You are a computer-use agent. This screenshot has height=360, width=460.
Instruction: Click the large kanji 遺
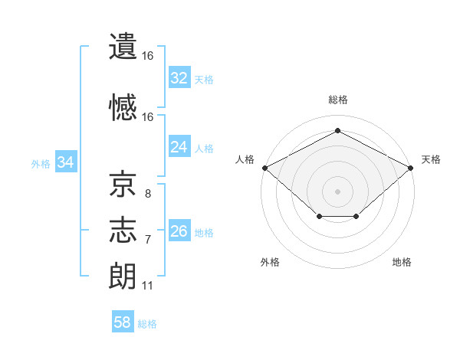(123, 46)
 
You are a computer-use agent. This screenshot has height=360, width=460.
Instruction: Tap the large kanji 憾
(123, 107)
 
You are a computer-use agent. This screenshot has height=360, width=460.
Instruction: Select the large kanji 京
(123, 184)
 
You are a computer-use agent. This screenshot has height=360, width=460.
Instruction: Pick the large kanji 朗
(123, 276)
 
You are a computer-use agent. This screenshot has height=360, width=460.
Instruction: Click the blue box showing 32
(179, 77)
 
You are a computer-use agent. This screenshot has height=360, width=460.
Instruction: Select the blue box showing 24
(179, 146)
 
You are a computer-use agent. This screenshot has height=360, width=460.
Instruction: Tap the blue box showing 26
(179, 230)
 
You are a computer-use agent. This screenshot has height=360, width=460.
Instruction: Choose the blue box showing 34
(66, 162)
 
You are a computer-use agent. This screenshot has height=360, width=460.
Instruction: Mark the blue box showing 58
(123, 321)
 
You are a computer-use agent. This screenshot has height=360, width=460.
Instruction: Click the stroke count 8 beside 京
(148, 194)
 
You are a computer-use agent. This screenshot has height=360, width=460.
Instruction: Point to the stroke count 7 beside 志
(148, 240)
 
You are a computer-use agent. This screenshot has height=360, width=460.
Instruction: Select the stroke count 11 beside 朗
(147, 286)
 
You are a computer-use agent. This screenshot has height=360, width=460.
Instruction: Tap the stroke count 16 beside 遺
(147, 56)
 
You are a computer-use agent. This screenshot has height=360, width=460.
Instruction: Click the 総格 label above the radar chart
(338, 100)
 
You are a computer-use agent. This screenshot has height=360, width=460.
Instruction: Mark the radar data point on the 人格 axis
(265, 168)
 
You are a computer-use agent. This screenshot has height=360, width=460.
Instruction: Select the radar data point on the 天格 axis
(411, 168)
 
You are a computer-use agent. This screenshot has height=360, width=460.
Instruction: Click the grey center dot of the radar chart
(337, 191)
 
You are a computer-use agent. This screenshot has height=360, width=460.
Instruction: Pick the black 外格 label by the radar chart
(270, 262)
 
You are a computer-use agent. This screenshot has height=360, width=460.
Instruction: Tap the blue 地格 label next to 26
(204, 233)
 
